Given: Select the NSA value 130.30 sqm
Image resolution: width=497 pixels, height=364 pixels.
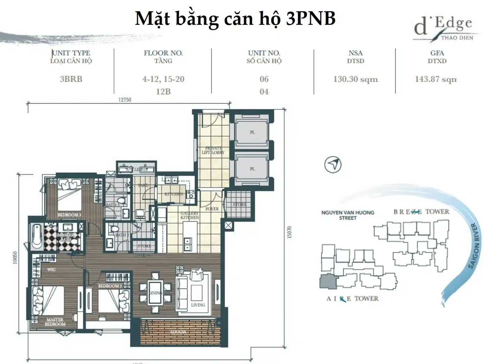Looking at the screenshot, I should pos(356,79).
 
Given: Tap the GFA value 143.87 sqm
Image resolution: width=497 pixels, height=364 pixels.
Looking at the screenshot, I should pos(436,79).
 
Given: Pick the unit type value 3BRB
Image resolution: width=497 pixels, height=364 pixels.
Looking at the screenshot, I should pos(71,79).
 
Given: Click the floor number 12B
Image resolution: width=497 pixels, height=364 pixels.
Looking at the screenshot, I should pos(163,92).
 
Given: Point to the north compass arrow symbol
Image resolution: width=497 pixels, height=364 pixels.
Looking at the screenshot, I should pos(333,164).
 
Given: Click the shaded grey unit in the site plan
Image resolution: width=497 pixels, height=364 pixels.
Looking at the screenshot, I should pos(328,282).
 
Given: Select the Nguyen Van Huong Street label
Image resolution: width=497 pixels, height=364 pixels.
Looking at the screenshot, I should pos(348,215).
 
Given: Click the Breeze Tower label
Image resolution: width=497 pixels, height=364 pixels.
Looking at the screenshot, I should pos(421,212).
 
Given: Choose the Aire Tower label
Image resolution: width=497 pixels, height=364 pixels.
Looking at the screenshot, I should pos(352,298).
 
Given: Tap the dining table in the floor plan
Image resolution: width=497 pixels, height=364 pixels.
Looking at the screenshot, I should pos(155,292).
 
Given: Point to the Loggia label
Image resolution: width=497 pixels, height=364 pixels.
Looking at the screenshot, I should pos(178,332).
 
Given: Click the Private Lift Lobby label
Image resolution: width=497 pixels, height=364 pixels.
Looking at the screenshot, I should pos(213,151).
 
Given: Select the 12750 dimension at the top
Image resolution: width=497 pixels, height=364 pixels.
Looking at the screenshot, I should pos(125,100).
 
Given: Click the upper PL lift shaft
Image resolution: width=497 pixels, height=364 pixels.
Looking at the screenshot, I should pos(252,132).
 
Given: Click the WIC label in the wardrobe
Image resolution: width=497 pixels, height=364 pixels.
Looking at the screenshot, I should pos(51,269).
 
